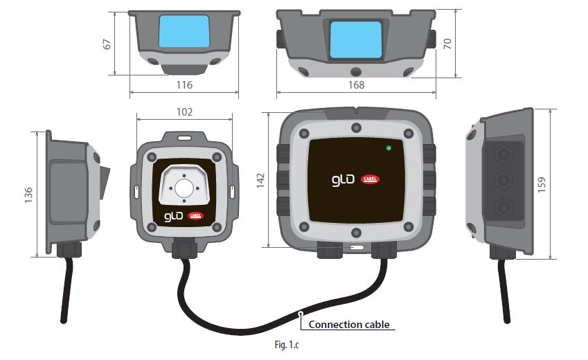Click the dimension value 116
tap(184, 84)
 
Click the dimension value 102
tap(184, 111)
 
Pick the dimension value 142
tap(260, 180)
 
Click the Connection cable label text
tap(348, 324)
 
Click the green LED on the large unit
tap(389, 147)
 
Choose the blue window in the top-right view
tap(355, 39)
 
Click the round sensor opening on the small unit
tap(184, 187)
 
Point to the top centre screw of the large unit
tap(355, 127)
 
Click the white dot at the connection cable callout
tap(300, 315)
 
